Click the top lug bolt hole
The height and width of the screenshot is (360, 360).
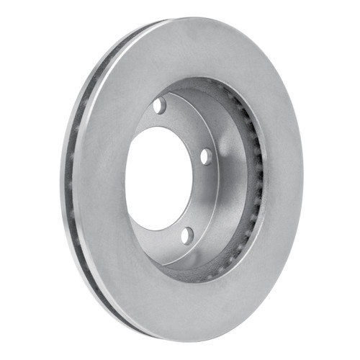coord(158,105)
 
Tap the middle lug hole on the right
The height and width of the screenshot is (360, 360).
coord(206,156)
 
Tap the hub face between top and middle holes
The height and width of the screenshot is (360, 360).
coord(189,126)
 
